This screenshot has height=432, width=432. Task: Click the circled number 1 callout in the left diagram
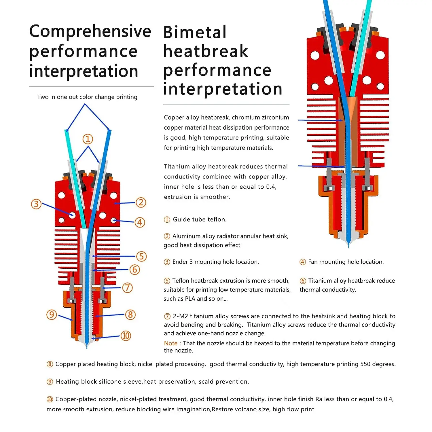(x=88, y=139)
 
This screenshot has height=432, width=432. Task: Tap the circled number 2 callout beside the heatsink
(x=141, y=202)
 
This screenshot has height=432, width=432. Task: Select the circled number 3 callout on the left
(x=36, y=204)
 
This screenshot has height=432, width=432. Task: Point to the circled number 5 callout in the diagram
(x=141, y=256)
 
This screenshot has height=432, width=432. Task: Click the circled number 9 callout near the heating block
(x=52, y=314)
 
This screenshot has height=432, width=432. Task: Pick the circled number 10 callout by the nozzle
(x=126, y=336)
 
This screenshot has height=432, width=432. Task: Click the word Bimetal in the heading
(x=195, y=32)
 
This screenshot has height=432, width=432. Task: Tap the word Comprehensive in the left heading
(x=90, y=31)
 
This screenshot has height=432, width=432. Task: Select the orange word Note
(x=170, y=343)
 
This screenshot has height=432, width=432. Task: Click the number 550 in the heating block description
(x=365, y=364)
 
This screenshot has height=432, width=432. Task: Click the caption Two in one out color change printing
(x=87, y=97)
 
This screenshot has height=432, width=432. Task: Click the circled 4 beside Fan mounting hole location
(x=302, y=262)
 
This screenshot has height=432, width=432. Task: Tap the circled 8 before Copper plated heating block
(x=50, y=364)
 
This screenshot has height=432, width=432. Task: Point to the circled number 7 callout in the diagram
(x=128, y=287)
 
